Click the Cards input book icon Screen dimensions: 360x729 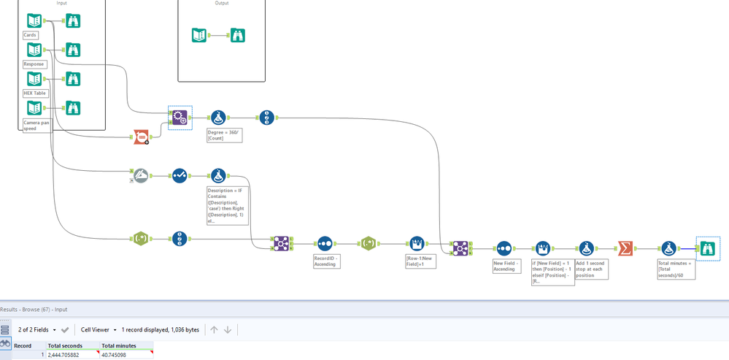coord(34,21)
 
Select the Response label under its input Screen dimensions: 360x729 coord(34,64)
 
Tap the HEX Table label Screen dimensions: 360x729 coord(35,93)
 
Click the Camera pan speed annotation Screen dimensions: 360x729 coord(36,126)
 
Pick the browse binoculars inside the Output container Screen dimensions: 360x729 coord(237,35)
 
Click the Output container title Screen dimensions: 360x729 coord(221,3)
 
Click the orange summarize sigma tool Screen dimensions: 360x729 coord(625,249)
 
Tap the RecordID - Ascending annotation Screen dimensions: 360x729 coord(327,261)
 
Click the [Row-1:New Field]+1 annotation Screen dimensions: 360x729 coord(420,261)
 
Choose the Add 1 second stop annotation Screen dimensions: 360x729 coord(591,269)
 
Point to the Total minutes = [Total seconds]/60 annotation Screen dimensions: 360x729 coord(676,269)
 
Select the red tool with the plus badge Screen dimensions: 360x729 coord(142,137)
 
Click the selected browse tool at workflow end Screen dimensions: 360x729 coord(708,249)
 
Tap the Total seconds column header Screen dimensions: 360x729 coord(63,345)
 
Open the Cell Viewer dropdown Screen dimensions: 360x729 coord(99,330)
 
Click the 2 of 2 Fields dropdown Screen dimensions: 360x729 coord(36,330)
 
